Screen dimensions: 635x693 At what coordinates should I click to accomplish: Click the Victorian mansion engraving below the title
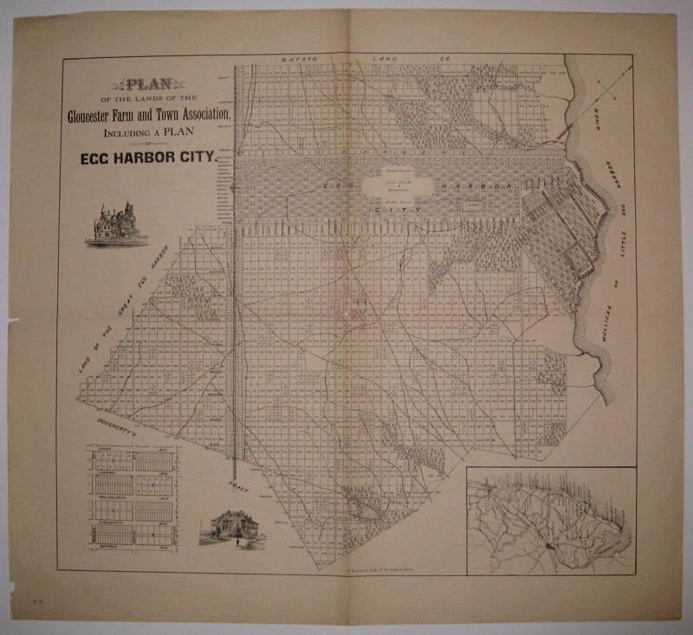coord(115,224)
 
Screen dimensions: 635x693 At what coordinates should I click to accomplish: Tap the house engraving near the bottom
coord(228,527)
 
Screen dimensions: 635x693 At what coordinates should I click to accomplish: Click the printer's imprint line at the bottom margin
coord(372,574)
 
